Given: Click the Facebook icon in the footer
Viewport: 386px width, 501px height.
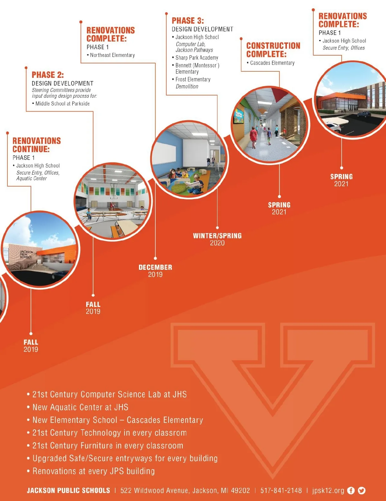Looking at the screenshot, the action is (x=351, y=490).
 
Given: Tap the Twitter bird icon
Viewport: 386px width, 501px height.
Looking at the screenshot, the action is (x=362, y=490).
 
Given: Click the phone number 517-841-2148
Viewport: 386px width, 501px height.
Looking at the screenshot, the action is (x=281, y=490).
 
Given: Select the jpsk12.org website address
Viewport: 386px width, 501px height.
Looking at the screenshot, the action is (x=328, y=491).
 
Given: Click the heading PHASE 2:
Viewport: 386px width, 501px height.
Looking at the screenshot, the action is (x=48, y=75).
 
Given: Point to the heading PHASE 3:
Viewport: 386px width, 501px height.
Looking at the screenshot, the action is (x=188, y=21).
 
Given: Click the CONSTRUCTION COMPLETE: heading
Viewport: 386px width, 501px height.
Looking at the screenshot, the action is (x=273, y=50).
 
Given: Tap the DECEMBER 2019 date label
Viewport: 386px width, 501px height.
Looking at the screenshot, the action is (x=155, y=271).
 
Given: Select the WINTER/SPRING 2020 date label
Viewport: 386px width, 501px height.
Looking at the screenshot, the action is (x=217, y=239).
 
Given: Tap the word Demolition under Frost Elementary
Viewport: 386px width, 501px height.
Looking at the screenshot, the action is (x=187, y=87).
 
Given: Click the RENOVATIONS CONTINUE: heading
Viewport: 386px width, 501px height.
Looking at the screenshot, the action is (x=37, y=145).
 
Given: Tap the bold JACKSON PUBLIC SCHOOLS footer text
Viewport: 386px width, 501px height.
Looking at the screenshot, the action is (x=69, y=490).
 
